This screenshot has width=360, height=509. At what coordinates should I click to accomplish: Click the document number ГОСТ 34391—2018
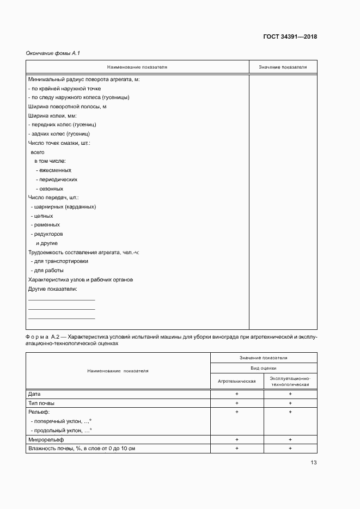pyautogui.click(x=290, y=37)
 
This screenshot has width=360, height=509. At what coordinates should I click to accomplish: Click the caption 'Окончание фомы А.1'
pyautogui.click(x=53, y=53)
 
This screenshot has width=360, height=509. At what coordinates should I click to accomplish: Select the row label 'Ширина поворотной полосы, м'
pyautogui.click(x=66, y=107)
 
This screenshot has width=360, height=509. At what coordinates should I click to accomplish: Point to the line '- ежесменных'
pyautogui.click(x=53, y=170)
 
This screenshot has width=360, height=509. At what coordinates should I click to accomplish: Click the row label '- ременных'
pyautogui.click(x=45, y=225)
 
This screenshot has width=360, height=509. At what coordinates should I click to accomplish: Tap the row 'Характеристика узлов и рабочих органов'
pyautogui.click(x=80, y=280)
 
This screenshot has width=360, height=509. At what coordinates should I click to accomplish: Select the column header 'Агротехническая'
pyautogui.click(x=237, y=381)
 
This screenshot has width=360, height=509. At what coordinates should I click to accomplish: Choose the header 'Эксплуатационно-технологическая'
pyautogui.click(x=290, y=381)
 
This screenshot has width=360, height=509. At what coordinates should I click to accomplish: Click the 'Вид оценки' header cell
pyautogui.click(x=263, y=368)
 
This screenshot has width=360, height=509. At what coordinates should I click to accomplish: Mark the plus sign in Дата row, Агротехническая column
pyautogui.click(x=237, y=394)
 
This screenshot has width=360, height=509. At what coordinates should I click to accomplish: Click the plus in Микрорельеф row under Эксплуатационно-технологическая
pyautogui.click(x=290, y=439)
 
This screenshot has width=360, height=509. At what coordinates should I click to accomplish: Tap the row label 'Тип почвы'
pyautogui.click(x=41, y=403)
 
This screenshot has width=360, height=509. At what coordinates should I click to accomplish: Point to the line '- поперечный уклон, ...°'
pyautogui.click(x=61, y=421)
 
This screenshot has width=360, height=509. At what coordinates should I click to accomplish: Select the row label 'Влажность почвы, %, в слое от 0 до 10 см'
pyautogui.click(x=81, y=448)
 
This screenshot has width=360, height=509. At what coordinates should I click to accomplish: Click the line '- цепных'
pyautogui.click(x=42, y=216)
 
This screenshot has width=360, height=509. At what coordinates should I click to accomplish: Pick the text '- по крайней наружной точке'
pyautogui.click(x=64, y=88)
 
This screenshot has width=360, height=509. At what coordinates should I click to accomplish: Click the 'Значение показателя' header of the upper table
pyautogui.click(x=283, y=67)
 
